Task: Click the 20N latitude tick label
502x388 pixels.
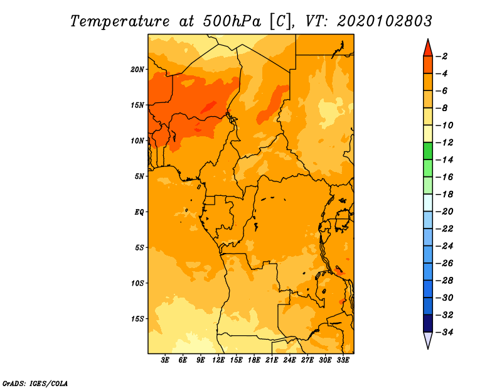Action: (137, 70)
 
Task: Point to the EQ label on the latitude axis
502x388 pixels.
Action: (139, 212)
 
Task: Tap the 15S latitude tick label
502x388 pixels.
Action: (137, 319)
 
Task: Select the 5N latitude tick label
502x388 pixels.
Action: (139, 176)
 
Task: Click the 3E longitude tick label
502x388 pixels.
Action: (165, 360)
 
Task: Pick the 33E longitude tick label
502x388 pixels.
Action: (343, 360)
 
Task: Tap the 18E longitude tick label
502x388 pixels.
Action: (254, 360)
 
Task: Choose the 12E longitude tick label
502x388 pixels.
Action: (218, 360)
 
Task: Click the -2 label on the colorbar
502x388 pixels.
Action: (442, 57)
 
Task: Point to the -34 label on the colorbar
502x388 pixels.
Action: (444, 332)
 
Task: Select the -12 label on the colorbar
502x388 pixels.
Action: (444, 143)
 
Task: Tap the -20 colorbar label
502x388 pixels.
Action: (444, 212)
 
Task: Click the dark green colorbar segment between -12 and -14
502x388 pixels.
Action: (428, 151)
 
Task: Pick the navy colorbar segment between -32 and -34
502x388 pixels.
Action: (428, 323)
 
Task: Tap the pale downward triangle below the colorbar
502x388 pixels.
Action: (428, 340)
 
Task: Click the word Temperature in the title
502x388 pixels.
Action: (120, 21)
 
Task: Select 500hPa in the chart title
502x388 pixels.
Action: (232, 21)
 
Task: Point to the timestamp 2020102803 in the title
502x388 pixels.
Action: (385, 21)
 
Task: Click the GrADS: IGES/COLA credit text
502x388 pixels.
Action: (35, 384)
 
